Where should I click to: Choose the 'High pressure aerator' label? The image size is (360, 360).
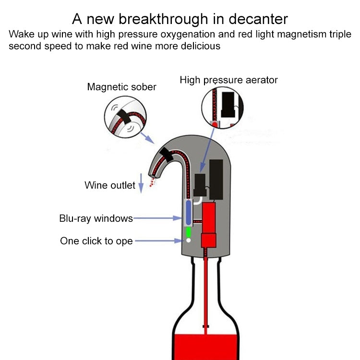228,80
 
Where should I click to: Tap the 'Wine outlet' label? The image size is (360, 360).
109,185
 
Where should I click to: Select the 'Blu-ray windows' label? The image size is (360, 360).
96,218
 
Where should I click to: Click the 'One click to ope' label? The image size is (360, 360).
96,241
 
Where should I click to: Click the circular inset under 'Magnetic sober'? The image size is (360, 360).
125,118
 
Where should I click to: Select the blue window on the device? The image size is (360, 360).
188,212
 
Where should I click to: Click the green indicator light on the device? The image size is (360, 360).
189,232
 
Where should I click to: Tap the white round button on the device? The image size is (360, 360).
189,240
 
